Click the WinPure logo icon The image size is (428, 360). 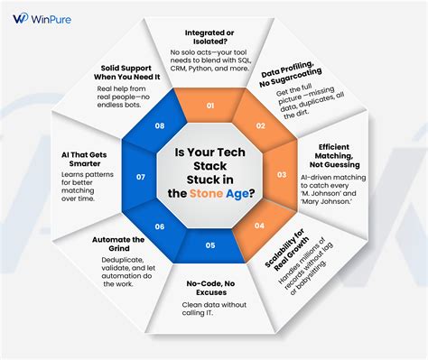pyautogui.click(x=19, y=18)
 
